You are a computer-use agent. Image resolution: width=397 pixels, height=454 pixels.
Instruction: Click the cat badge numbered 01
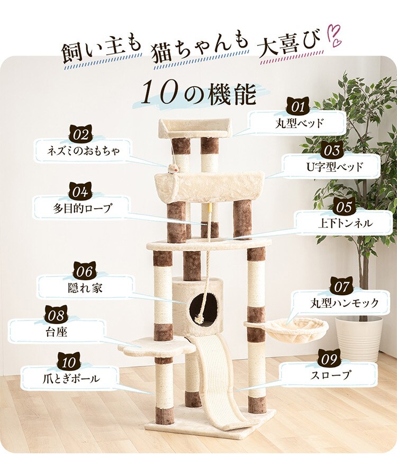point(299,106)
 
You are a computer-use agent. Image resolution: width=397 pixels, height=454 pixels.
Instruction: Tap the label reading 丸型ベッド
point(299,124)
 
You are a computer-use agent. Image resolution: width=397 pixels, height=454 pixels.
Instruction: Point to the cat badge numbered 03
point(332,150)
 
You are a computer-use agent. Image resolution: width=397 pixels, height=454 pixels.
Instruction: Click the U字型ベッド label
point(332,167)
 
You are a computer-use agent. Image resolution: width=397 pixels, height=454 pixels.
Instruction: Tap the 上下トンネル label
point(345,223)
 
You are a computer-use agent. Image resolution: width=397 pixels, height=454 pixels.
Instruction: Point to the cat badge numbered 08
point(56,315)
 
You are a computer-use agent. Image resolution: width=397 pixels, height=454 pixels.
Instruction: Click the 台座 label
point(56,332)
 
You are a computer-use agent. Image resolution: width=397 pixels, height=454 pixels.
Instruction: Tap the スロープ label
point(329,376)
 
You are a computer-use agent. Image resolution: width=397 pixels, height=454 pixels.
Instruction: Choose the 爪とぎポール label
point(69,379)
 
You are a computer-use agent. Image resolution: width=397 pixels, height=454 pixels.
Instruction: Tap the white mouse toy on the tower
point(173,169)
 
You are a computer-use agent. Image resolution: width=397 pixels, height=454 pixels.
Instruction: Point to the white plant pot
point(359,339)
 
